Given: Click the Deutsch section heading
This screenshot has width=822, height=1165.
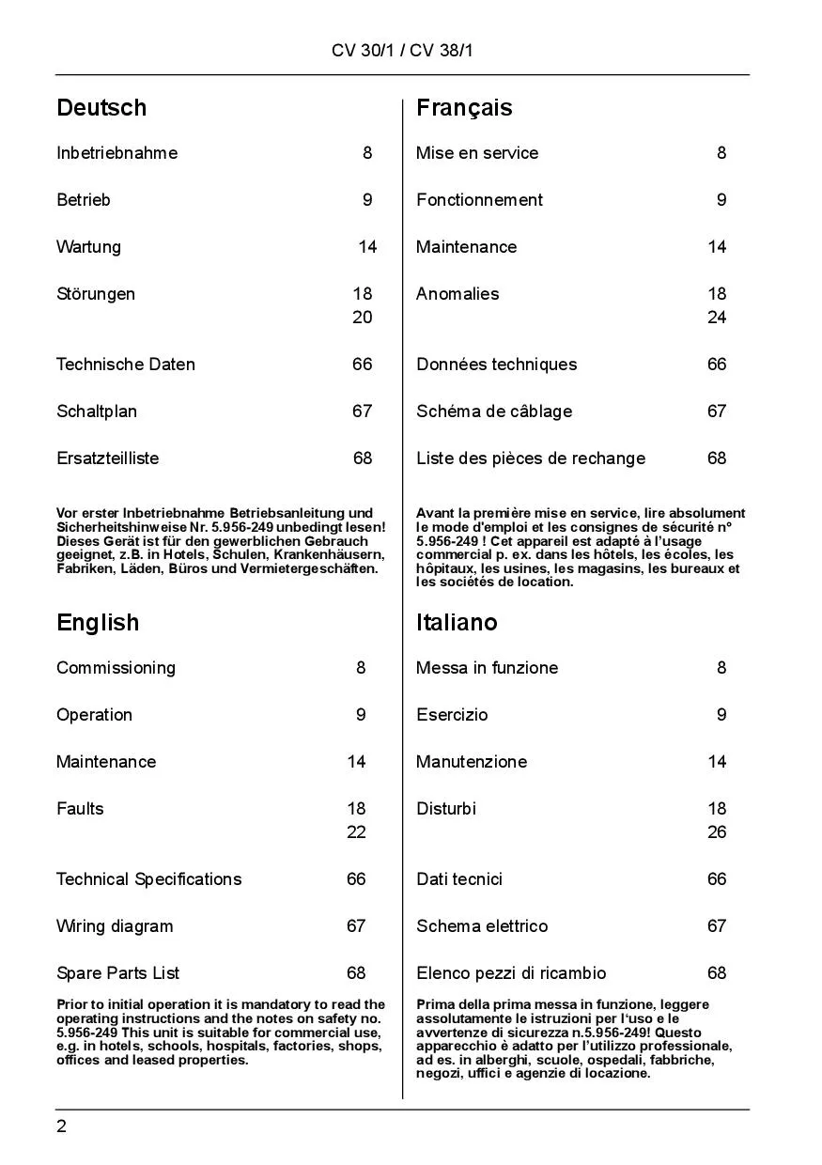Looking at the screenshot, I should click(x=101, y=108).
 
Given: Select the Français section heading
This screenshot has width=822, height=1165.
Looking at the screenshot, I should click(x=464, y=108).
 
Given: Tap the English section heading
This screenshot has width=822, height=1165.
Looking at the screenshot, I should click(x=98, y=623).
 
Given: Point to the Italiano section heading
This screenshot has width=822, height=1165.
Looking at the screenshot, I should click(x=457, y=623).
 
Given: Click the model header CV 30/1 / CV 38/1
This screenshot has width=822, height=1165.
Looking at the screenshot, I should click(x=402, y=51).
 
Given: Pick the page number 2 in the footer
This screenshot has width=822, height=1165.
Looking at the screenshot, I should click(x=62, y=1127).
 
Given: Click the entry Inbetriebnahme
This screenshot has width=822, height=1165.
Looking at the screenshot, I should click(x=116, y=153).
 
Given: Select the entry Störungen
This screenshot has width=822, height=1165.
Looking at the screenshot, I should click(x=96, y=294).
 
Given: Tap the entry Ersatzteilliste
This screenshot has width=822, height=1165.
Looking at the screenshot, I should click(x=107, y=458).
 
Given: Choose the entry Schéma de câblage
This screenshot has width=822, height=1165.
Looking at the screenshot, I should click(x=494, y=412).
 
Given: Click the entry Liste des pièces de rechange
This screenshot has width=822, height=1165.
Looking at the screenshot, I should click(x=531, y=458).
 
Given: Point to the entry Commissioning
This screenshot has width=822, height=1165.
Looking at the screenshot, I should click(x=116, y=668).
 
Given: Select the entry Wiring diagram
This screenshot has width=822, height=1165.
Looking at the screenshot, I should click(x=115, y=926).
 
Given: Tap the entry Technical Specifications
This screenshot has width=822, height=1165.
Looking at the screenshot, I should click(x=148, y=879).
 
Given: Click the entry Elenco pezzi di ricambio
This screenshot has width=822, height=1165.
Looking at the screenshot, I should click(x=511, y=973).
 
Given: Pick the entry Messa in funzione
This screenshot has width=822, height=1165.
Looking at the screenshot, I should click(x=487, y=668).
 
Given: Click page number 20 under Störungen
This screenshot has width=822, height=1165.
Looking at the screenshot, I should click(x=363, y=318).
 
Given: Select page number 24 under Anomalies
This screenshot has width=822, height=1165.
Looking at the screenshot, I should click(x=717, y=318).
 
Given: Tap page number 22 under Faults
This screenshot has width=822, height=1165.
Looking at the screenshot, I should click(x=356, y=832).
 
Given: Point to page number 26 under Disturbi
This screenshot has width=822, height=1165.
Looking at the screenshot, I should click(x=717, y=832).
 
